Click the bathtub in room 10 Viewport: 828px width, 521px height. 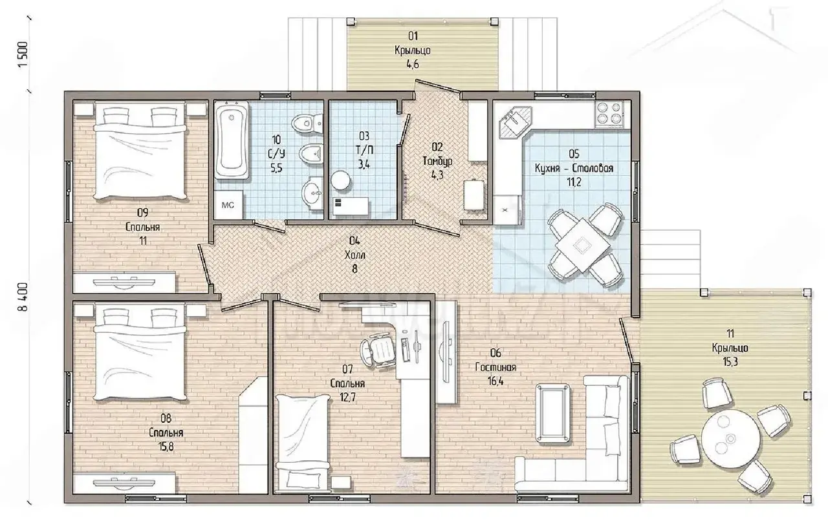(232, 140)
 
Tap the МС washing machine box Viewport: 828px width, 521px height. (228, 205)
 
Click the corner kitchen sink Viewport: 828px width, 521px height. (516, 123)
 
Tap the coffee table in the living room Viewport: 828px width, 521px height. (552, 413)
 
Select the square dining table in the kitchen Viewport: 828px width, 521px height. (583, 244)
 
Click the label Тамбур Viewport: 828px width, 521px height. (437, 161)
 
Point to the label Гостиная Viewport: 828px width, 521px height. (496, 367)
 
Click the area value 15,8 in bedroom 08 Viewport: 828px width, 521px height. (166, 447)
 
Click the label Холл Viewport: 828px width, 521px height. (354, 255)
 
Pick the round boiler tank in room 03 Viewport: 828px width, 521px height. (340, 180)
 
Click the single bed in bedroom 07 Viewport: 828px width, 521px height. (303, 443)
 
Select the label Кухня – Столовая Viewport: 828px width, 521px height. (574, 168)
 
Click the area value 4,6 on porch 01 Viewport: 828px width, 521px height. (413, 64)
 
